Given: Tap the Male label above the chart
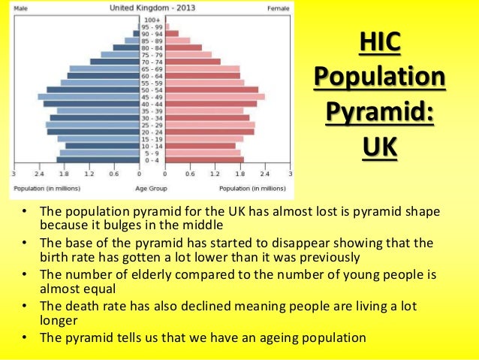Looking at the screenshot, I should tap(21, 9).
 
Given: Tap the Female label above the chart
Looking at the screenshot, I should tap(279, 9).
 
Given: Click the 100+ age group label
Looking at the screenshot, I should tap(152, 19).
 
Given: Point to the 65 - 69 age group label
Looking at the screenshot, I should tap(152, 68).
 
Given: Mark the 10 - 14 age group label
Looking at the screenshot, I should tap(152, 146).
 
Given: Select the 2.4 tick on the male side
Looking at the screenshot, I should tap(39, 174).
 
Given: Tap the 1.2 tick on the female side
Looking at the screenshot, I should tap(215, 174).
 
